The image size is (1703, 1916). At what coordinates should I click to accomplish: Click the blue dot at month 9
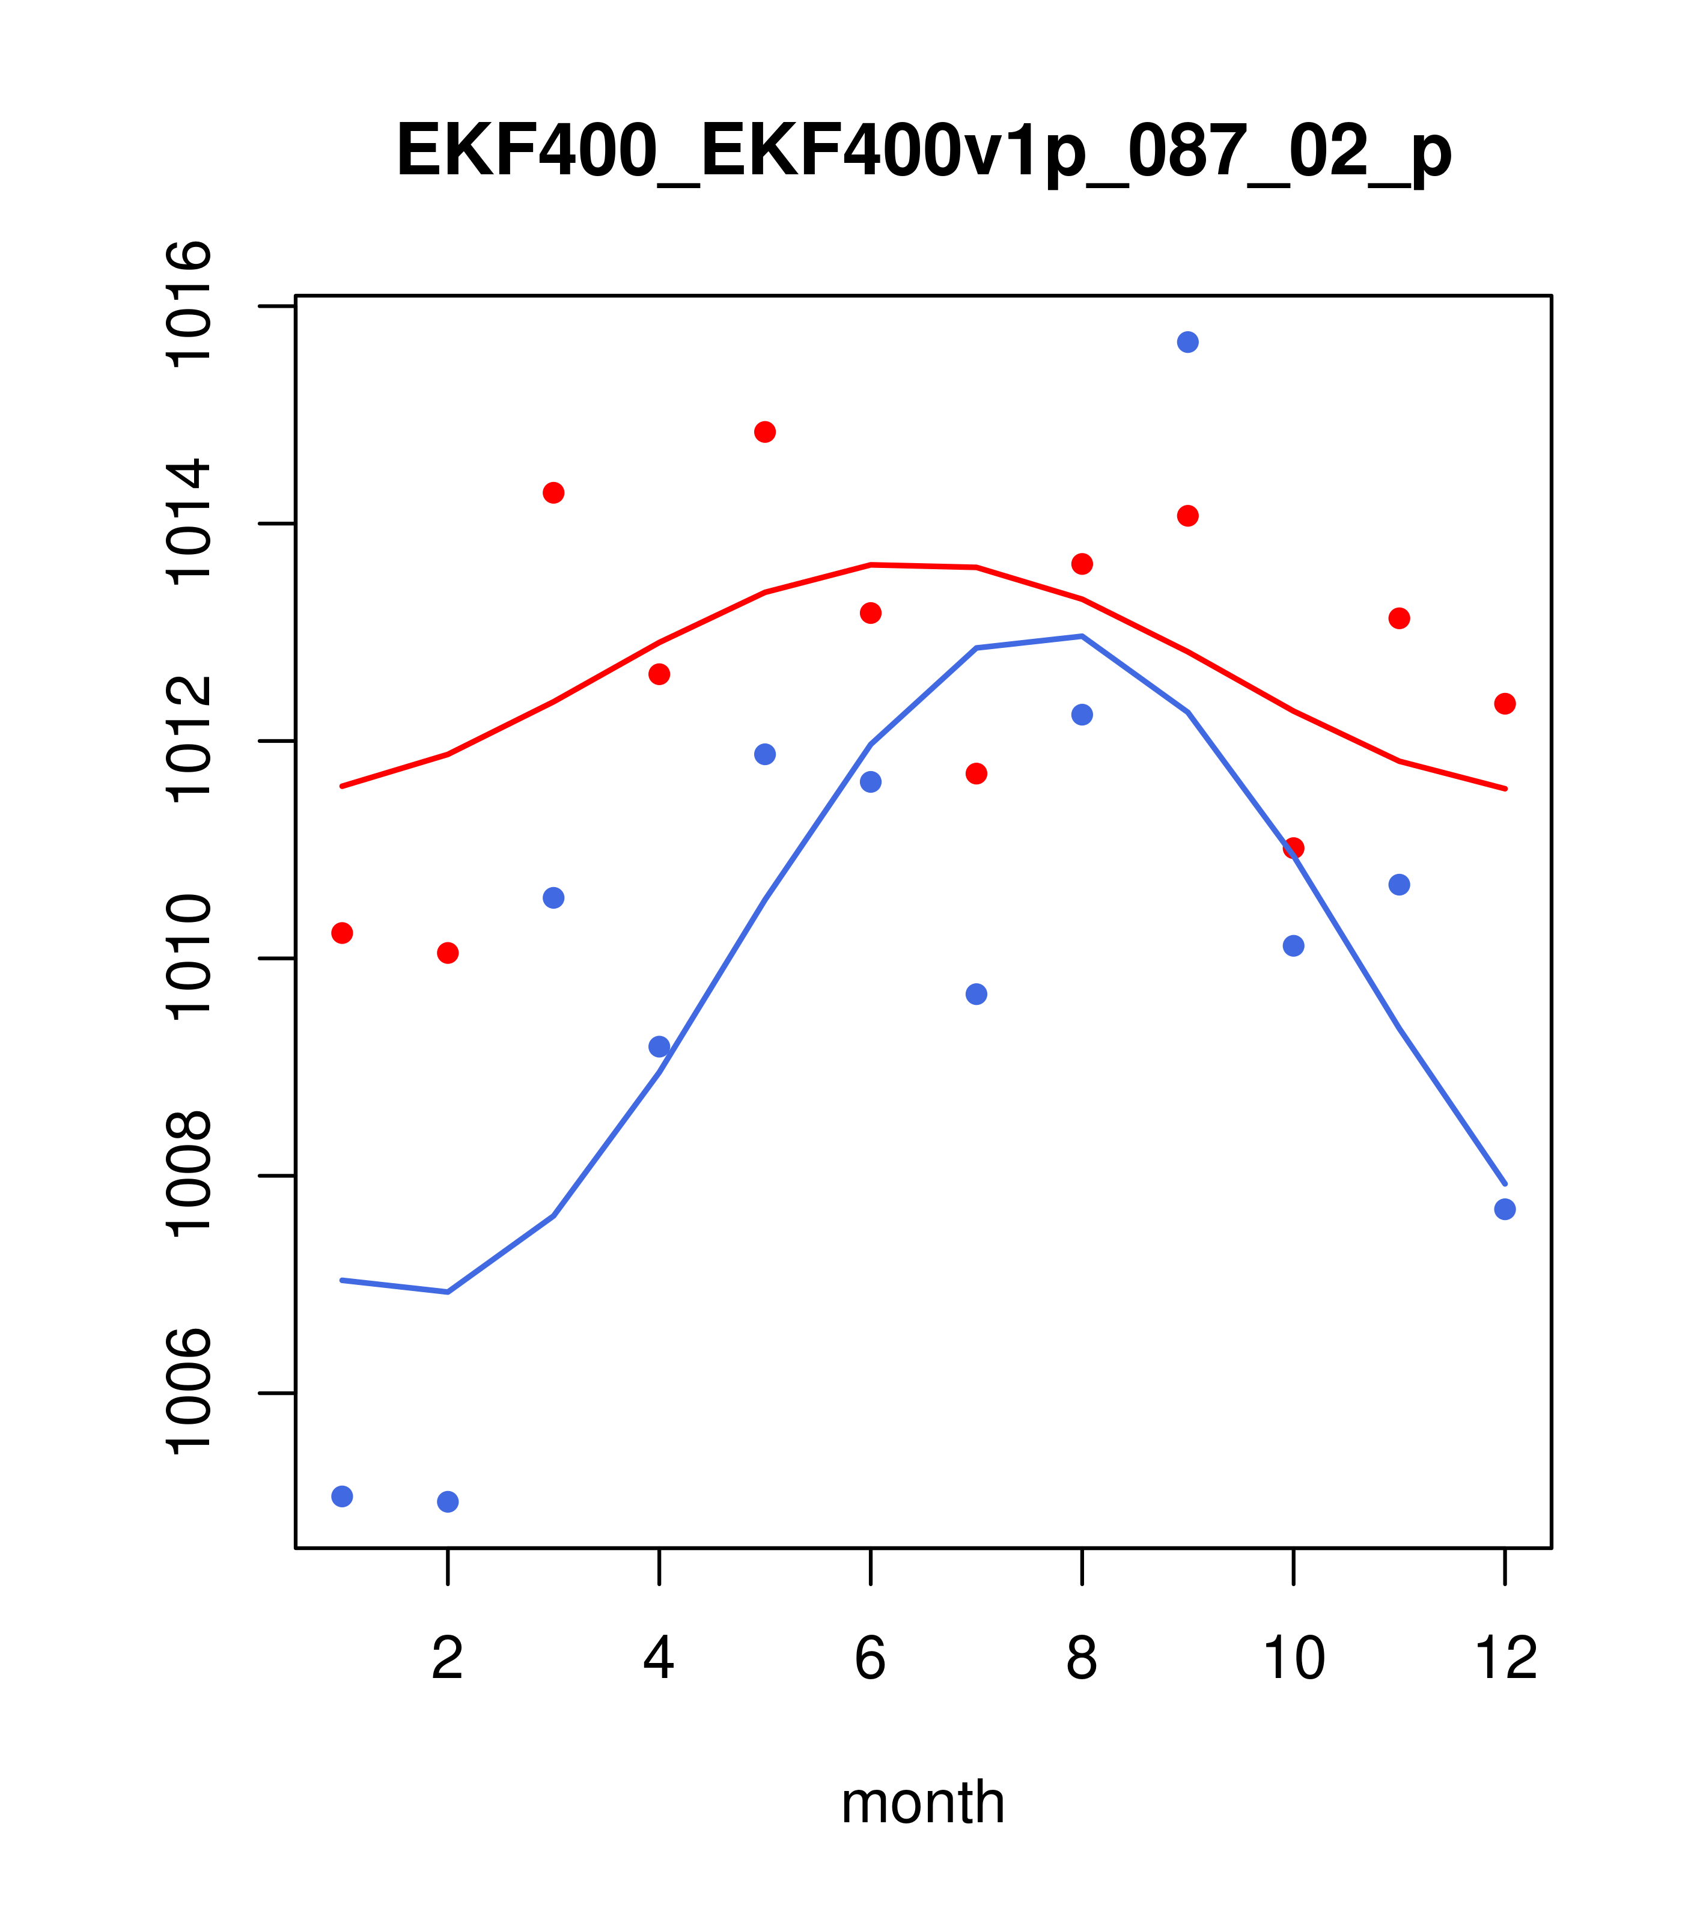click(1187, 342)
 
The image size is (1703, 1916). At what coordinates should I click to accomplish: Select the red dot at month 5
click(765, 432)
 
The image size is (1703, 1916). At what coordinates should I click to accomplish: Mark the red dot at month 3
click(554, 493)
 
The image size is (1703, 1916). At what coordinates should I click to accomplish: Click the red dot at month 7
click(976, 773)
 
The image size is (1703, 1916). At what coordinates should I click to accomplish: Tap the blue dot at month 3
click(554, 898)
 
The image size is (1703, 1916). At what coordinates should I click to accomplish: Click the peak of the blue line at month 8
click(1082, 636)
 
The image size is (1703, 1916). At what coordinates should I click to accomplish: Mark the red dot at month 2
click(448, 953)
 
